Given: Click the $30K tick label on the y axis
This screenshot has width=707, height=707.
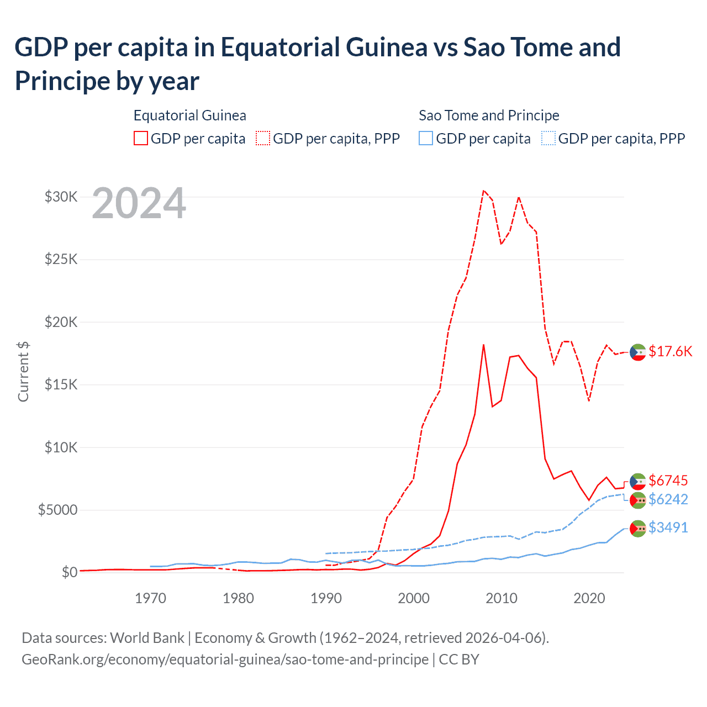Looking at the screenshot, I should [61, 197].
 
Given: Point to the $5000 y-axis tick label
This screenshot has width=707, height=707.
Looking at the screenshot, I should [57, 510].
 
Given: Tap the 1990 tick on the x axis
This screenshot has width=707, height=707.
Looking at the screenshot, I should [326, 598].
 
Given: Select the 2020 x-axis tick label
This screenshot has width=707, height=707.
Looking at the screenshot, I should [589, 598].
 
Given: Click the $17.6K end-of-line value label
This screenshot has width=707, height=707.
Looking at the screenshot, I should [670, 352].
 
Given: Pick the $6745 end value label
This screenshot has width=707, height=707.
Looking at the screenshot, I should [668, 481].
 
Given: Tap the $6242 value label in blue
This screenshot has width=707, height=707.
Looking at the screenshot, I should [668, 499].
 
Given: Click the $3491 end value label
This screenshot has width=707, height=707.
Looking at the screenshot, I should [668, 527].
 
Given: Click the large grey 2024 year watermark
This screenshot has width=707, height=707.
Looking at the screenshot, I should [139, 204].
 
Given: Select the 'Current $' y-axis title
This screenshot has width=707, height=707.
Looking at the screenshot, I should [23, 371].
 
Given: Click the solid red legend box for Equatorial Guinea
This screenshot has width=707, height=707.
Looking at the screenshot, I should [141, 138].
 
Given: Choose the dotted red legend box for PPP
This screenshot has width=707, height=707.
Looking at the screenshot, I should [263, 138].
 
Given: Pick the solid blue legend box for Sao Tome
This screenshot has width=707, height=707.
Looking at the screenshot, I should [426, 138].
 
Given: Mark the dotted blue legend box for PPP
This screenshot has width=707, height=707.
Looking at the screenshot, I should [548, 138].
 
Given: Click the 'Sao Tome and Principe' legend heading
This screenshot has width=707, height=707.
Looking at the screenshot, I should [489, 115].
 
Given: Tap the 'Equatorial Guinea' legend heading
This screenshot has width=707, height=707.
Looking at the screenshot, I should [189, 115].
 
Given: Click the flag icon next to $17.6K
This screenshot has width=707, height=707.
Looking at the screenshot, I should [638, 352].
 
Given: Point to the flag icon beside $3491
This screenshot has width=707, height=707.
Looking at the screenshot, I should [638, 529].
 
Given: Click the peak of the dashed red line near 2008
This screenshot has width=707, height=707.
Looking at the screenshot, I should [483, 191].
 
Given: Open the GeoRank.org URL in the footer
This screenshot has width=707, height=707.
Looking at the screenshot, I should [225, 659].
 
